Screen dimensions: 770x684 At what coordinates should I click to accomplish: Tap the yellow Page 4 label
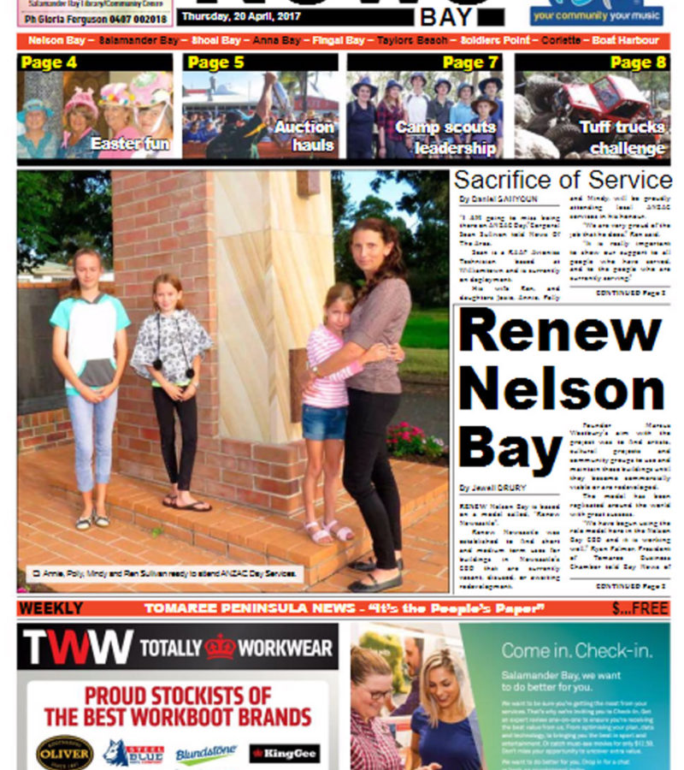tap(49, 62)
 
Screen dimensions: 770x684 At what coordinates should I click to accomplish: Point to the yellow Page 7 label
tap(470, 62)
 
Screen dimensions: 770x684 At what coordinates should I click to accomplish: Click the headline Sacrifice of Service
tap(563, 181)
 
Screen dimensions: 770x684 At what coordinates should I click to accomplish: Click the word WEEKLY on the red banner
tap(51, 608)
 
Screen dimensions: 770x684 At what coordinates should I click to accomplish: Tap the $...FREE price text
tap(640, 608)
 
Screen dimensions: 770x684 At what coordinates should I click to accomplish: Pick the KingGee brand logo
tap(285, 754)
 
